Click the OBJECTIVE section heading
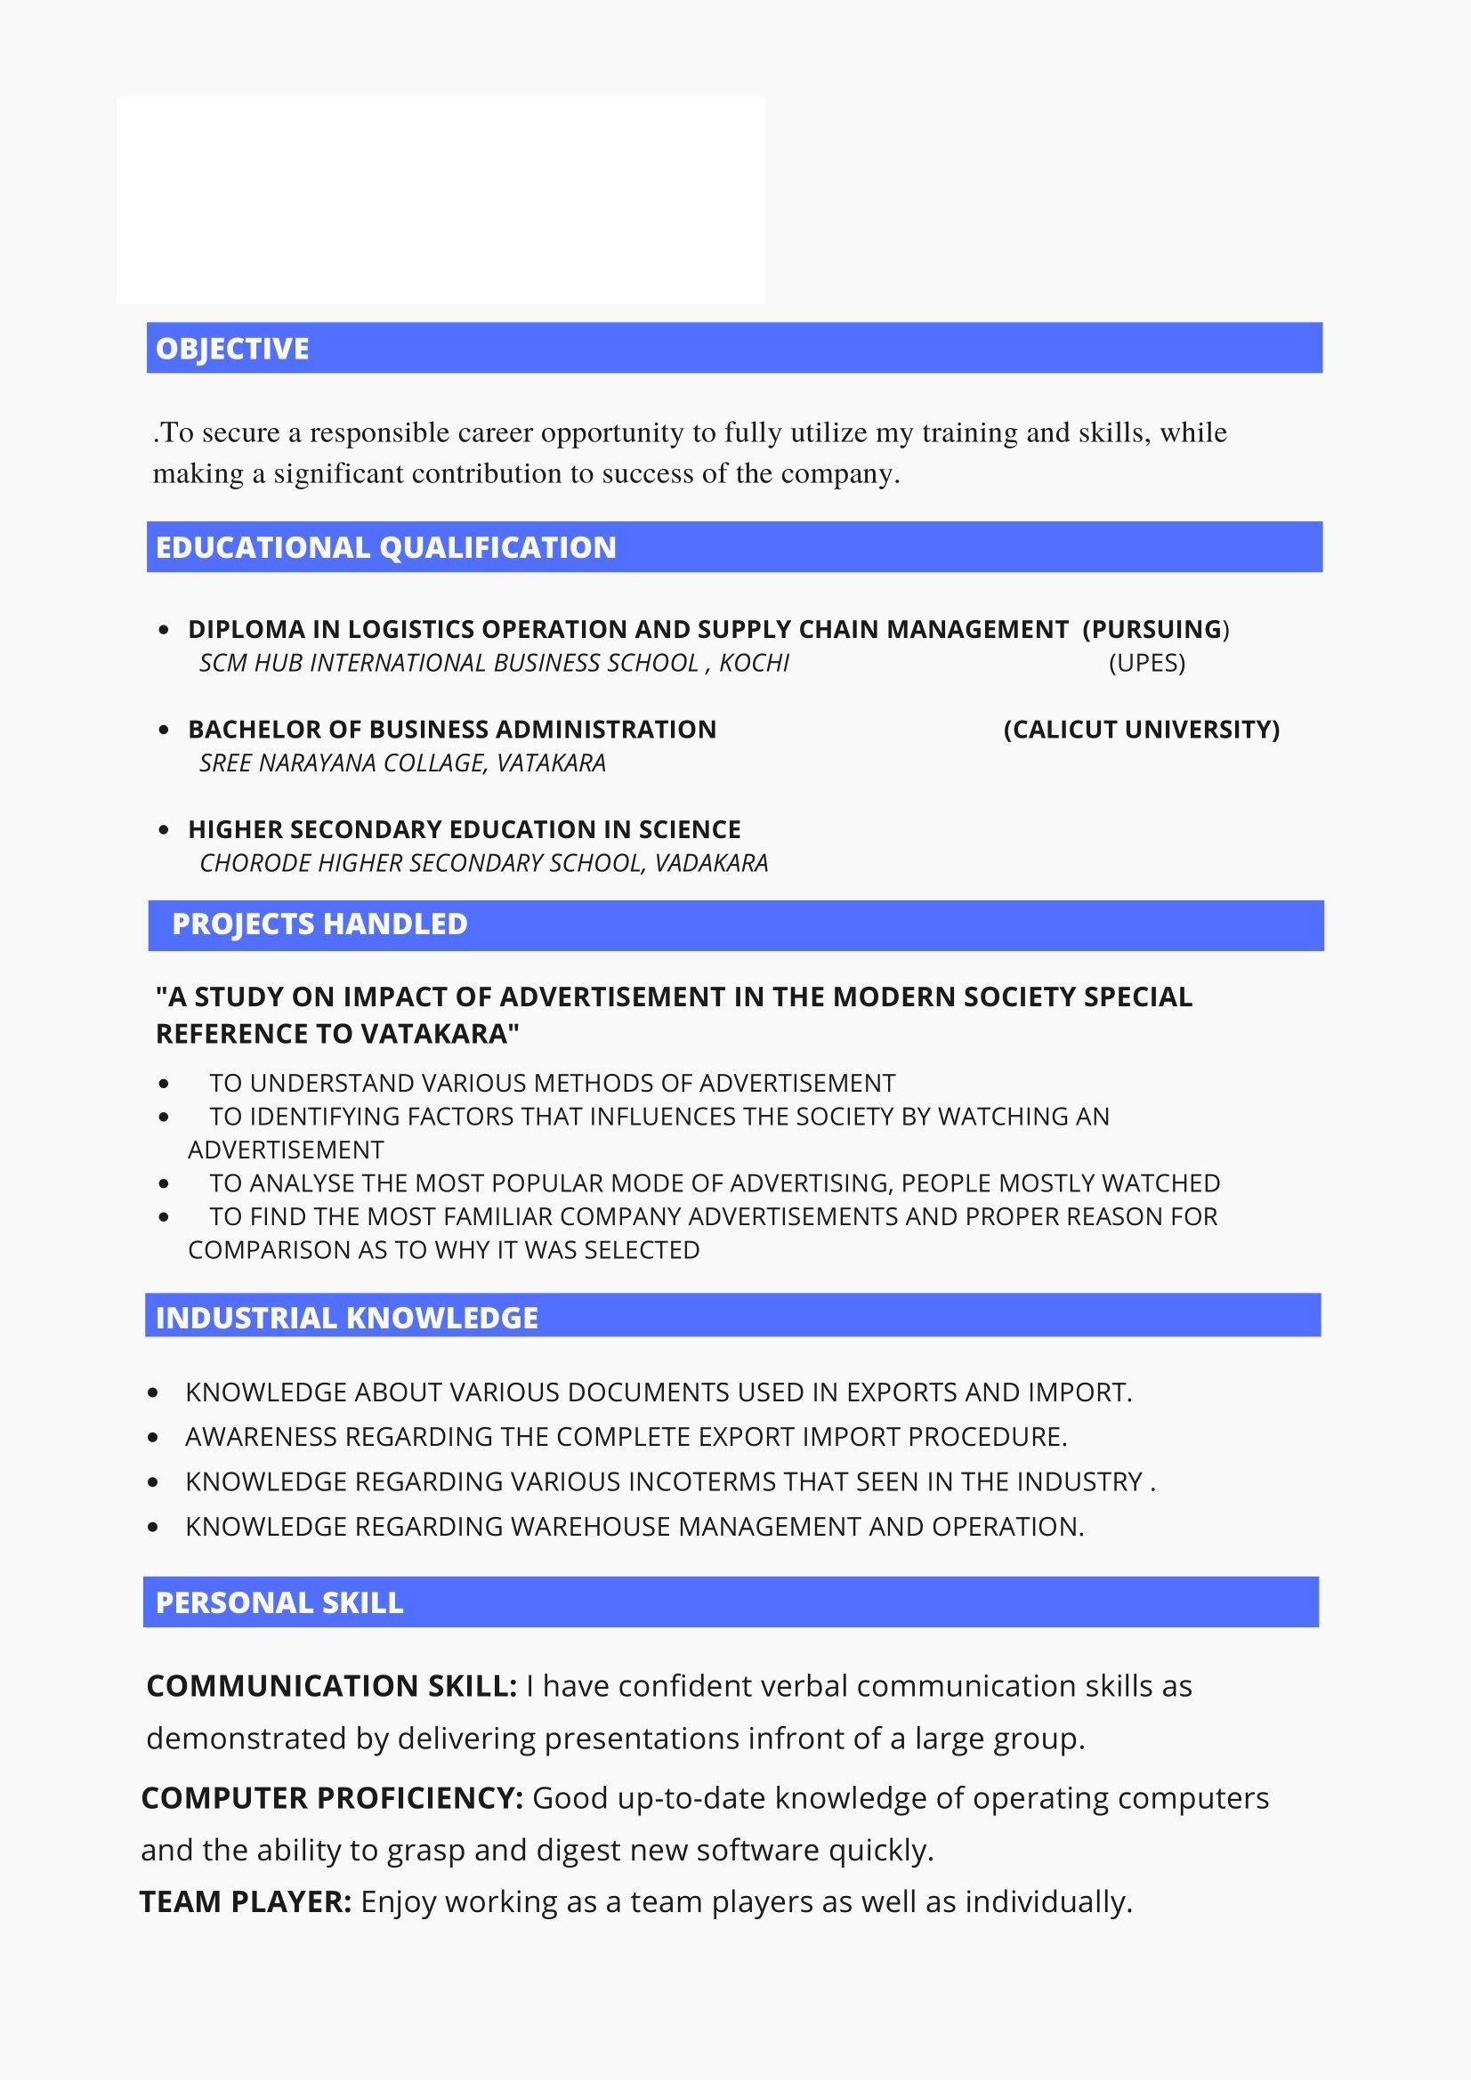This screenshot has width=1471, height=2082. pos(232,349)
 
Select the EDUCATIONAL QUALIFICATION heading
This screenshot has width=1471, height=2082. pos(385,548)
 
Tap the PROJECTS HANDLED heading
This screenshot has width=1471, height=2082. pos(319,924)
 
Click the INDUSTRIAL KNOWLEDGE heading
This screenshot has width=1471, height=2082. pos(346,1318)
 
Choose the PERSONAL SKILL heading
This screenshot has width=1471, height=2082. pos(279,1602)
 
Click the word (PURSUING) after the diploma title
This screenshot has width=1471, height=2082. pos(1155,629)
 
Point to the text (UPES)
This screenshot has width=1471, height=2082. pos(1146,663)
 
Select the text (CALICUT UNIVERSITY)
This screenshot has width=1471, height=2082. pos(1141,729)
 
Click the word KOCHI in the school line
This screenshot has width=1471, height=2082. pos(754,663)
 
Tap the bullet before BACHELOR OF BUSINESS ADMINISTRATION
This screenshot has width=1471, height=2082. pos(163,730)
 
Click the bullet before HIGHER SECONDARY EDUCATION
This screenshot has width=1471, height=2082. pos(163,830)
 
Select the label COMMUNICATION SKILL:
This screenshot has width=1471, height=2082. pos(331,1686)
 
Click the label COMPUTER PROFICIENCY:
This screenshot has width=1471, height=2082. pos(332,1797)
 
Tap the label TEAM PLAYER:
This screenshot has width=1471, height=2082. pos(245,1901)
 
